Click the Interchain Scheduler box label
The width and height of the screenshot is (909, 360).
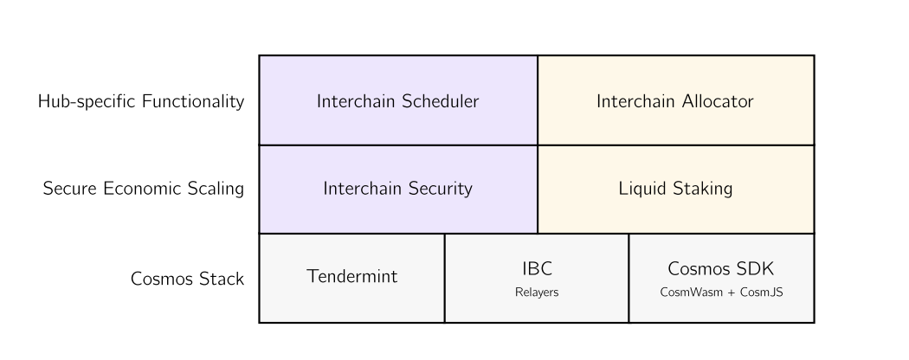(x=397, y=101)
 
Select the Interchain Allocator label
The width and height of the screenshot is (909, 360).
(x=674, y=101)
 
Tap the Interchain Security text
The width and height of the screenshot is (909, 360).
(x=397, y=189)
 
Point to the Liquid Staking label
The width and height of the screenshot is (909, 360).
(x=675, y=189)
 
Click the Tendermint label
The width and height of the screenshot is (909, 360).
(x=351, y=277)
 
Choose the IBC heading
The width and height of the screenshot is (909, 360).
(x=537, y=269)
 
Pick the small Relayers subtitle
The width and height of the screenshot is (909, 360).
(x=537, y=292)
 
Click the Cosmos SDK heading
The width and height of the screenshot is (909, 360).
(x=720, y=269)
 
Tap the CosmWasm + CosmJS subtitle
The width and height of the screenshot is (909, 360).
(x=721, y=292)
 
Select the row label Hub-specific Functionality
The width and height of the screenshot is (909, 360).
(x=141, y=101)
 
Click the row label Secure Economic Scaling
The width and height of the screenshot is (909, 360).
(x=143, y=189)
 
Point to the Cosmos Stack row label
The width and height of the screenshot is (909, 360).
(x=187, y=280)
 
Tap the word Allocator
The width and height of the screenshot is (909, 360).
(x=718, y=101)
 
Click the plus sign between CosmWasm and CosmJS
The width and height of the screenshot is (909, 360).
(x=731, y=293)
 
